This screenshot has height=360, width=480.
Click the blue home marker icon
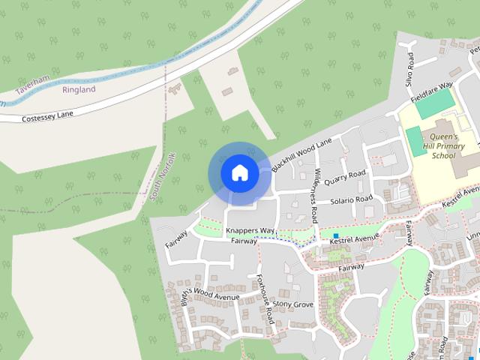coord(239,173)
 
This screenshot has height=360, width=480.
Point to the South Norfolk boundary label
coord(161,177)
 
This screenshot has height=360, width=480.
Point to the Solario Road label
coord(352,200)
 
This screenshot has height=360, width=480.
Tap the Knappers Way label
coord(250,231)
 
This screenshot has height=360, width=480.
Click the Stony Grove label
coord(292,304)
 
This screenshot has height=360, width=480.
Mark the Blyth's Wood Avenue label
coord(203,294)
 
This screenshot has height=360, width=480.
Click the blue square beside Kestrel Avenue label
coord(325,236)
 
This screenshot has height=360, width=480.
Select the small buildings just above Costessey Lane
coord(177,89)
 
